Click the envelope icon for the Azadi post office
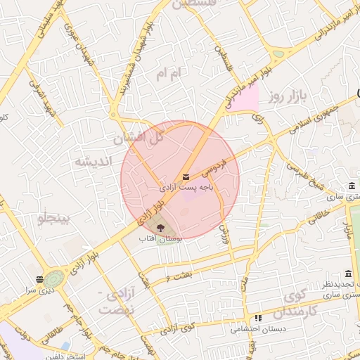pyautogui.click(x=186, y=177)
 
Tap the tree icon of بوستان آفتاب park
pyautogui.click(x=160, y=228)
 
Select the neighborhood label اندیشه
pyautogui.click(x=92, y=161)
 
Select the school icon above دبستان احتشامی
pyautogui.click(x=257, y=318)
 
